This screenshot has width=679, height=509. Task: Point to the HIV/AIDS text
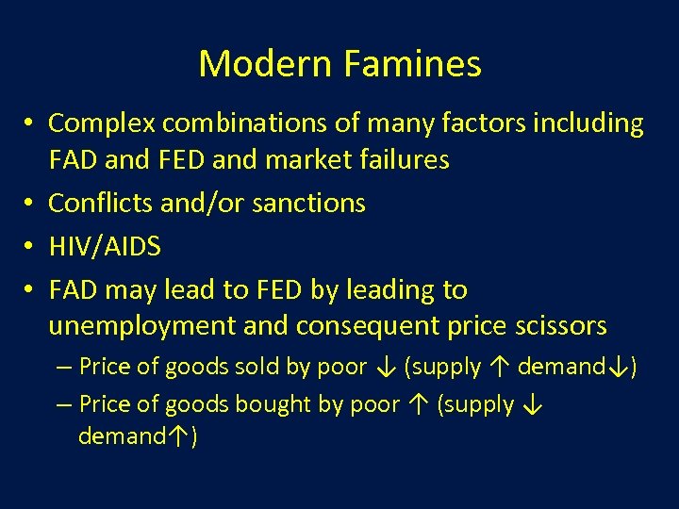click(x=105, y=247)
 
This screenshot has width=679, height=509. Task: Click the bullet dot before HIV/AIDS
click(x=31, y=247)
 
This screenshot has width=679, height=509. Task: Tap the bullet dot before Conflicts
click(x=31, y=203)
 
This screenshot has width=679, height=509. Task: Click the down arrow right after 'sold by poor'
click(x=384, y=367)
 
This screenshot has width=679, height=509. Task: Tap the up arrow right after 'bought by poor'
click(x=416, y=405)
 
